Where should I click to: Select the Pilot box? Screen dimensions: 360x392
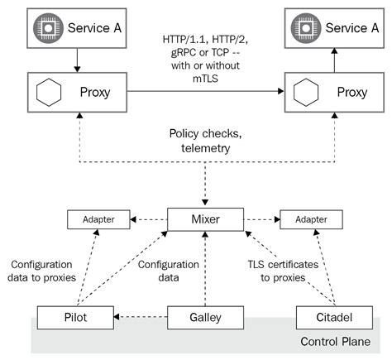75,317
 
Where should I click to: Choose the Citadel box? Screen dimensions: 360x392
331,317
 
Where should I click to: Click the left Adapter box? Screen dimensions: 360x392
98,221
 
